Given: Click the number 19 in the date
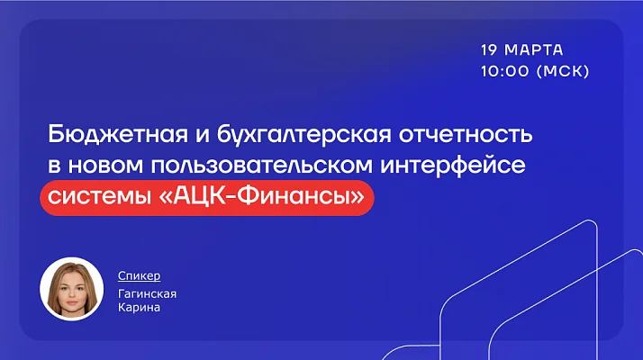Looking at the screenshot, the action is coord(489,50).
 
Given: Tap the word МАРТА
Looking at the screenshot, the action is coord(533,50).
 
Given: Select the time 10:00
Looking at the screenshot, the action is coord(505,71).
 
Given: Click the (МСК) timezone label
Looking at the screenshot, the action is coord(563,71).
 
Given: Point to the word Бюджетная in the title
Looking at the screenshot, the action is coord(118,134).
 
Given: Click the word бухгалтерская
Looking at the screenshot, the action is coord(303,134).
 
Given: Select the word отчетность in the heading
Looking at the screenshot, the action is coord(466,134).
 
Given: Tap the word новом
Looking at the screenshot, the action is coord(105,166).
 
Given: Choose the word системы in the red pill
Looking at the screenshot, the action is coord(99,196).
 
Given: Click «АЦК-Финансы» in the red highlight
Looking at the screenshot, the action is coord(261,196).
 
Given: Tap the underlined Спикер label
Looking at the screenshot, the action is coord(139,275).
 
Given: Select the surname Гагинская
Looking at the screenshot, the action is coord(147,293).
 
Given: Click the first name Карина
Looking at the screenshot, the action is coord(139,308).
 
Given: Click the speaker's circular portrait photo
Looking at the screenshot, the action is coord(72,289).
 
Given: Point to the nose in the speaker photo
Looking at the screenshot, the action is coord(72,295).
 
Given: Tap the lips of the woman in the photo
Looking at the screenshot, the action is coord(72,303).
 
